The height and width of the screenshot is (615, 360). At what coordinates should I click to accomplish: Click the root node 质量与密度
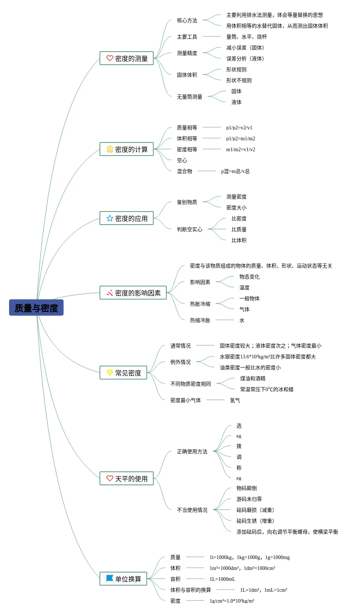point(36,307)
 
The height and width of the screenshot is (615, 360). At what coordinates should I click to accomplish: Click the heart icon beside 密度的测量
point(110,58)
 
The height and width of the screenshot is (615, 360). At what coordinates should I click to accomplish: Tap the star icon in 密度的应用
point(110,218)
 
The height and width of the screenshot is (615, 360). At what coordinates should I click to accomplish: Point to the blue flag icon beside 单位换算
point(110,578)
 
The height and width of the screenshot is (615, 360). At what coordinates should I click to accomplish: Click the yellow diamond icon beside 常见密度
point(110,373)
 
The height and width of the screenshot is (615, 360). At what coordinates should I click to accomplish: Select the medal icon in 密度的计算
point(110,149)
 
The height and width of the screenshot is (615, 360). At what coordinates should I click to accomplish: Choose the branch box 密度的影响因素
point(133,293)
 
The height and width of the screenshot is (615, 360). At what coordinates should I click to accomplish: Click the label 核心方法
point(187,20)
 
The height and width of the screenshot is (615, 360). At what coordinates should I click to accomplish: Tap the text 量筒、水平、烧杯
point(247,37)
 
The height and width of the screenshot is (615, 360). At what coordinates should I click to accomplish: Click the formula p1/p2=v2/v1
point(239,128)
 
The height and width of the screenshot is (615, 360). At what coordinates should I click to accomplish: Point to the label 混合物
point(185,171)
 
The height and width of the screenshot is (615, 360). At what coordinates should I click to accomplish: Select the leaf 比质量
point(239,229)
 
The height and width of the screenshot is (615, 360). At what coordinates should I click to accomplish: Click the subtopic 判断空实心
point(190,229)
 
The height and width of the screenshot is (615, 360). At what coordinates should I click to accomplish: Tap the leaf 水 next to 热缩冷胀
point(242,320)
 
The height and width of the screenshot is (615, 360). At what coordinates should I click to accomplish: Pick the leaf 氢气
point(235,400)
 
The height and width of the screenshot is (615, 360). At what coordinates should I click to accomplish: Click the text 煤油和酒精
point(253,378)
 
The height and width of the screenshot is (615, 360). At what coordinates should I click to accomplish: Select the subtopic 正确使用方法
point(192,451)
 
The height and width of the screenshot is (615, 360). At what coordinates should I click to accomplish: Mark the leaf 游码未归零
point(249,499)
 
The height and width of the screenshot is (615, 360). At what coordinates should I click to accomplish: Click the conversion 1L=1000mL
point(222,579)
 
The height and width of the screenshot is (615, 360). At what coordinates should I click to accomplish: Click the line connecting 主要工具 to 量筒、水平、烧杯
point(212,37)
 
